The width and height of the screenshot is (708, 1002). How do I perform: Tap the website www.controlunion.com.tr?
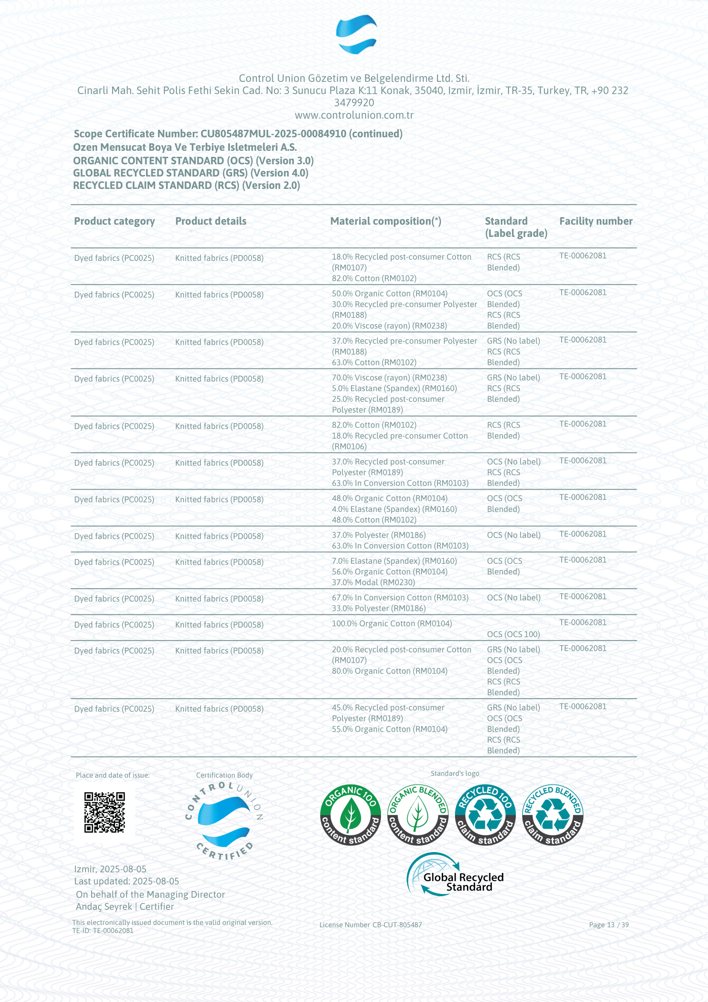point(354,115)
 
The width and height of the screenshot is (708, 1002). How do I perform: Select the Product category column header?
point(114,221)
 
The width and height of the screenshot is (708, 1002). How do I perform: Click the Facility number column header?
point(595,221)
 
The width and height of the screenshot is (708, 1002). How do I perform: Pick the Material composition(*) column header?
point(385,221)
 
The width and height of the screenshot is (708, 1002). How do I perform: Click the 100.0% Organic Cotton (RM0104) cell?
point(392,624)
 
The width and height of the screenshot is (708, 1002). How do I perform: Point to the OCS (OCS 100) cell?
point(513,634)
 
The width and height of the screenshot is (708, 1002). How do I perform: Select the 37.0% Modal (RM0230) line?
point(373,582)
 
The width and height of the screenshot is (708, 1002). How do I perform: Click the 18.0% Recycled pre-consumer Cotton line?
point(399,436)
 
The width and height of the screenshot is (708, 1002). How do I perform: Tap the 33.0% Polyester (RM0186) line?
point(378,608)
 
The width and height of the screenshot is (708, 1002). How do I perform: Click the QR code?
point(104,812)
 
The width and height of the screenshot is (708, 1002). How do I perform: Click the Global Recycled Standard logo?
point(455,875)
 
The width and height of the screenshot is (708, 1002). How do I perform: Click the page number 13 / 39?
point(609,925)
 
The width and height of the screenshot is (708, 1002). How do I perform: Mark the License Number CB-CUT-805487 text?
point(370,925)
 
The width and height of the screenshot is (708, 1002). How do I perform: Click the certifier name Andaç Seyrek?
point(104,906)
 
